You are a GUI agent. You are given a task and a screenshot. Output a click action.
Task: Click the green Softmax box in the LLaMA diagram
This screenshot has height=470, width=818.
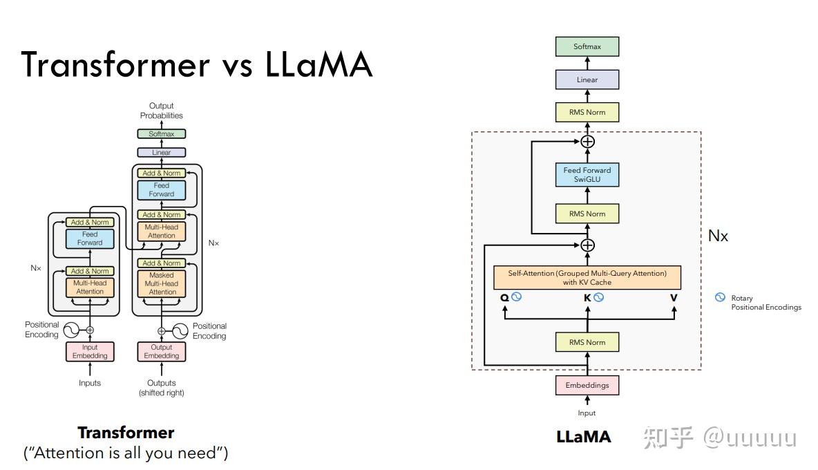(x=587, y=47)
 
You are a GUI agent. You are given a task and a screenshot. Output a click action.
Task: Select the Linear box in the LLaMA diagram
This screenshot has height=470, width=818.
(x=587, y=79)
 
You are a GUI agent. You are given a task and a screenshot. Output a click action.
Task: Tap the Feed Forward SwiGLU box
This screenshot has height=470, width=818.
(x=587, y=174)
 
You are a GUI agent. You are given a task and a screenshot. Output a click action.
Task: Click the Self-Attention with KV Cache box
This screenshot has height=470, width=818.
(x=587, y=278)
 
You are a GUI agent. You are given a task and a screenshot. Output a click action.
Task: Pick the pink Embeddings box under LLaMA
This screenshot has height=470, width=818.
(x=587, y=385)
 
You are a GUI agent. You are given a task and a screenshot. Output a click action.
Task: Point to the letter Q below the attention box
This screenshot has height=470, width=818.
(x=504, y=298)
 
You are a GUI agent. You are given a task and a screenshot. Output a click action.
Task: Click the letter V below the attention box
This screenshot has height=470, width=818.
(x=674, y=298)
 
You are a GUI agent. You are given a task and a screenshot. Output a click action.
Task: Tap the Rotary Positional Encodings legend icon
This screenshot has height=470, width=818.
(x=720, y=298)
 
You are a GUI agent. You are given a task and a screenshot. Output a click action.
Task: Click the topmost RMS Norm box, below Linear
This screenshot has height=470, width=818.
(x=587, y=112)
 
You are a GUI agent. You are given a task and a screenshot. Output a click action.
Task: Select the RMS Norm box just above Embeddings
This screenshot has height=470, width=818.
(x=587, y=342)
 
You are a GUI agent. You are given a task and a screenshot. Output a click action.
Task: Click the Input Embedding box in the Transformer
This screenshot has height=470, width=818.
(x=90, y=351)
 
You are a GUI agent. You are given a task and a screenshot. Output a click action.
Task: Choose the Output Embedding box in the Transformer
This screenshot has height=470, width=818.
(x=162, y=351)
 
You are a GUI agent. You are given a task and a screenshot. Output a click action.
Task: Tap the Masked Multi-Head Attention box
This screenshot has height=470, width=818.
(x=162, y=283)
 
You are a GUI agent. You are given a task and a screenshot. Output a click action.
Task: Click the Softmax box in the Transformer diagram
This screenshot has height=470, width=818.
(x=162, y=134)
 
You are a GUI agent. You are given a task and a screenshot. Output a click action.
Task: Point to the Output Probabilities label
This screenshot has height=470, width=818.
(x=162, y=111)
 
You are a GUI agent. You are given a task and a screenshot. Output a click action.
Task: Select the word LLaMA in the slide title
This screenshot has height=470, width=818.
(x=318, y=65)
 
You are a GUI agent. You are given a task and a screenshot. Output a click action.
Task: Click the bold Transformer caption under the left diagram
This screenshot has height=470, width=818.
(x=126, y=433)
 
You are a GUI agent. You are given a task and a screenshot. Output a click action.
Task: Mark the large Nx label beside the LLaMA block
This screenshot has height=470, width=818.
(x=718, y=236)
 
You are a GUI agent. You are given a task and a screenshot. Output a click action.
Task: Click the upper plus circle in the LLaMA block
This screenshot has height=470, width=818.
(x=587, y=142)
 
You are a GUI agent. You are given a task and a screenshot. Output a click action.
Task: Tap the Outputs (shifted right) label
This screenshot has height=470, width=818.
(x=162, y=388)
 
